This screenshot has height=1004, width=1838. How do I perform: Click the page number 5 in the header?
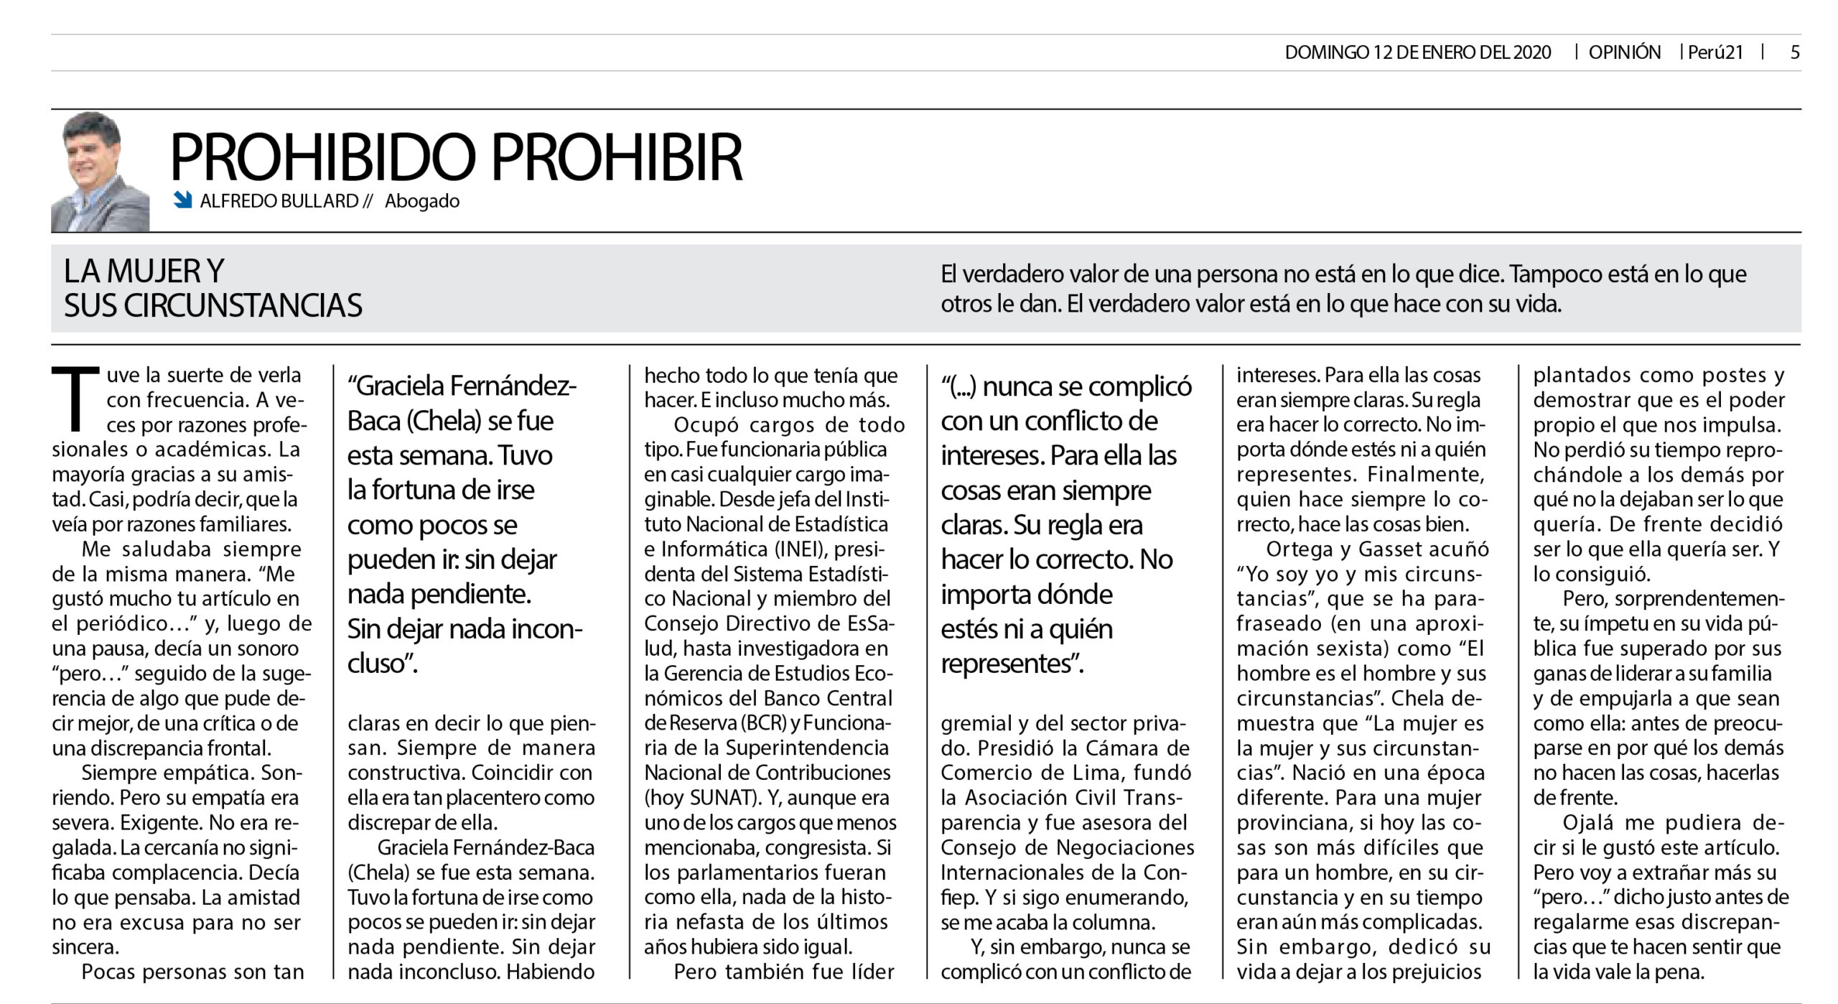click(1795, 52)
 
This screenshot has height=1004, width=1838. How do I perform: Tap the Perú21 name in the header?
click(1715, 52)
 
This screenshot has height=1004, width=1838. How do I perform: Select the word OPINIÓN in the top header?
click(1624, 52)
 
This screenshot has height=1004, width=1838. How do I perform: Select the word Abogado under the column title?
click(422, 201)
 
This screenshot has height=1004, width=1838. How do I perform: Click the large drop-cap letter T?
click(75, 399)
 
